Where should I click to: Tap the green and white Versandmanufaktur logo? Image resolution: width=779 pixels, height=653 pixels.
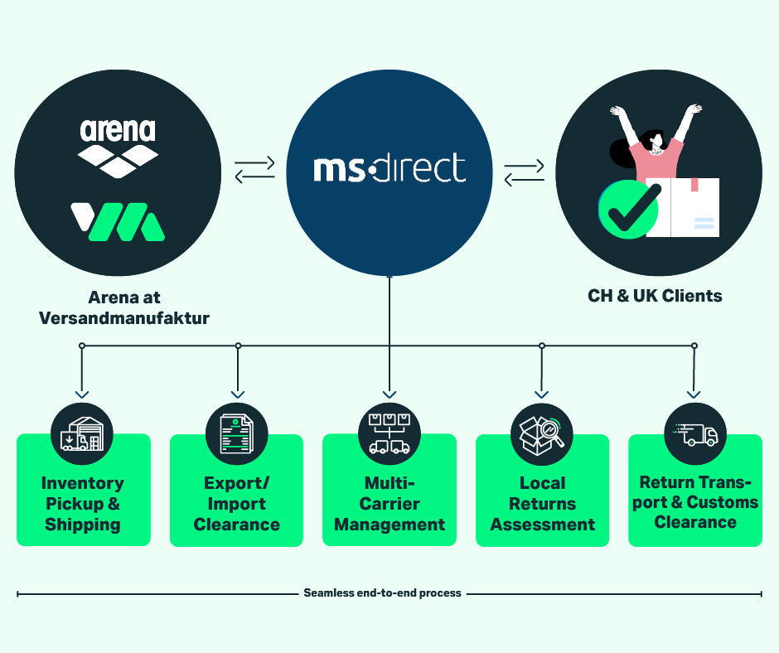point(118,221)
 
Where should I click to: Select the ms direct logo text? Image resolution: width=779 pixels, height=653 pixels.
point(389,168)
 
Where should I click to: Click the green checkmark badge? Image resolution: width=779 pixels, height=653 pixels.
point(629,209)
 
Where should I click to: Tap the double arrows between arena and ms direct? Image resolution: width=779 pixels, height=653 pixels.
point(254,169)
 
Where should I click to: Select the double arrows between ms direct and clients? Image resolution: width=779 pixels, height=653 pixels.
point(524,172)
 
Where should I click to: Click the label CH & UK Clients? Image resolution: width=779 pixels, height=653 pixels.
point(655,296)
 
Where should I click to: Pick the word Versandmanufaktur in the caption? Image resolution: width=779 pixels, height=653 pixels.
point(124,318)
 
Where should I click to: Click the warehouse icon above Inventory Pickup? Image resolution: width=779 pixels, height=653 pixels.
point(82,434)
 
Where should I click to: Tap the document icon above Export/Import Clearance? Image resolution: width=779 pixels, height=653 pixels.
point(236,434)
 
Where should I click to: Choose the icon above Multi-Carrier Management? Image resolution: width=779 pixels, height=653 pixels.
point(389,433)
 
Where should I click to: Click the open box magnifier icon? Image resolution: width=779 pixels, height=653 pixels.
point(541,435)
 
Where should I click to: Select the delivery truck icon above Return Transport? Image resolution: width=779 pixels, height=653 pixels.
point(695,435)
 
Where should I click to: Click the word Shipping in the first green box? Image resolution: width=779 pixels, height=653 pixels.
point(83,525)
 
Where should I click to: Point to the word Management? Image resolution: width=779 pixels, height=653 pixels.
point(389,525)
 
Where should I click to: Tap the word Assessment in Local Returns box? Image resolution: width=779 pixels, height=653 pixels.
point(543,525)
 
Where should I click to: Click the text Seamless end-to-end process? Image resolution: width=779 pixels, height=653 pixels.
point(382,593)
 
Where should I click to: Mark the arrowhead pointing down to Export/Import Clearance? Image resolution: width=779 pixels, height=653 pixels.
point(238,394)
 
